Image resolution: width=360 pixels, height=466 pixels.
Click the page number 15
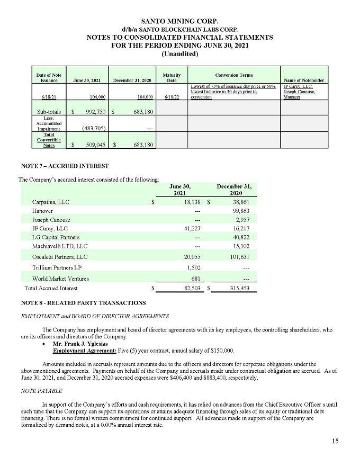click(x=335, y=441)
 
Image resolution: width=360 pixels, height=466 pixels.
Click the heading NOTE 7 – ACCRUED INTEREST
click(x=64, y=166)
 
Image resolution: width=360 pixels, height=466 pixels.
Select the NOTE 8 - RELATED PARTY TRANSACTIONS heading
click(x=82, y=303)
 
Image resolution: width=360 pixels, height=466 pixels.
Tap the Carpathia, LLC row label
click(x=51, y=202)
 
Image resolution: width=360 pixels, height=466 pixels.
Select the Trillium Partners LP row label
click(x=57, y=268)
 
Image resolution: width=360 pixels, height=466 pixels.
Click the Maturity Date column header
click(x=172, y=77)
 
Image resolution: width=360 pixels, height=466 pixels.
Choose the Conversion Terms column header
click(x=233, y=75)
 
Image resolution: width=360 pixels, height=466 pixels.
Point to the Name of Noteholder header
click(x=304, y=80)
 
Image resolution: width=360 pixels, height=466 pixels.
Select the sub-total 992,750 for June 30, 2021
click(x=93, y=112)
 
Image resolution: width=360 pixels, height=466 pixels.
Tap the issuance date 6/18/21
click(x=49, y=97)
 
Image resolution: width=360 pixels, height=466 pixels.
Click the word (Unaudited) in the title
click(x=179, y=54)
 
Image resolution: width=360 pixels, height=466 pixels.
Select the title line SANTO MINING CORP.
click(x=179, y=20)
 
